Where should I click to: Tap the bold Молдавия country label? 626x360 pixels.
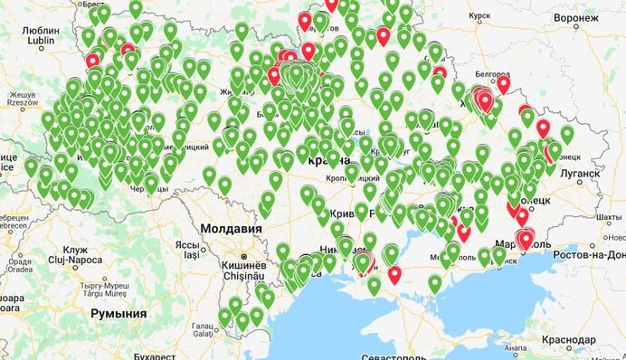pos(231,229)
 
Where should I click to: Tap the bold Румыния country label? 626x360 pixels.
pos(118,313)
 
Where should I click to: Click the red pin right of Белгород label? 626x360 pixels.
pos(503,83)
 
